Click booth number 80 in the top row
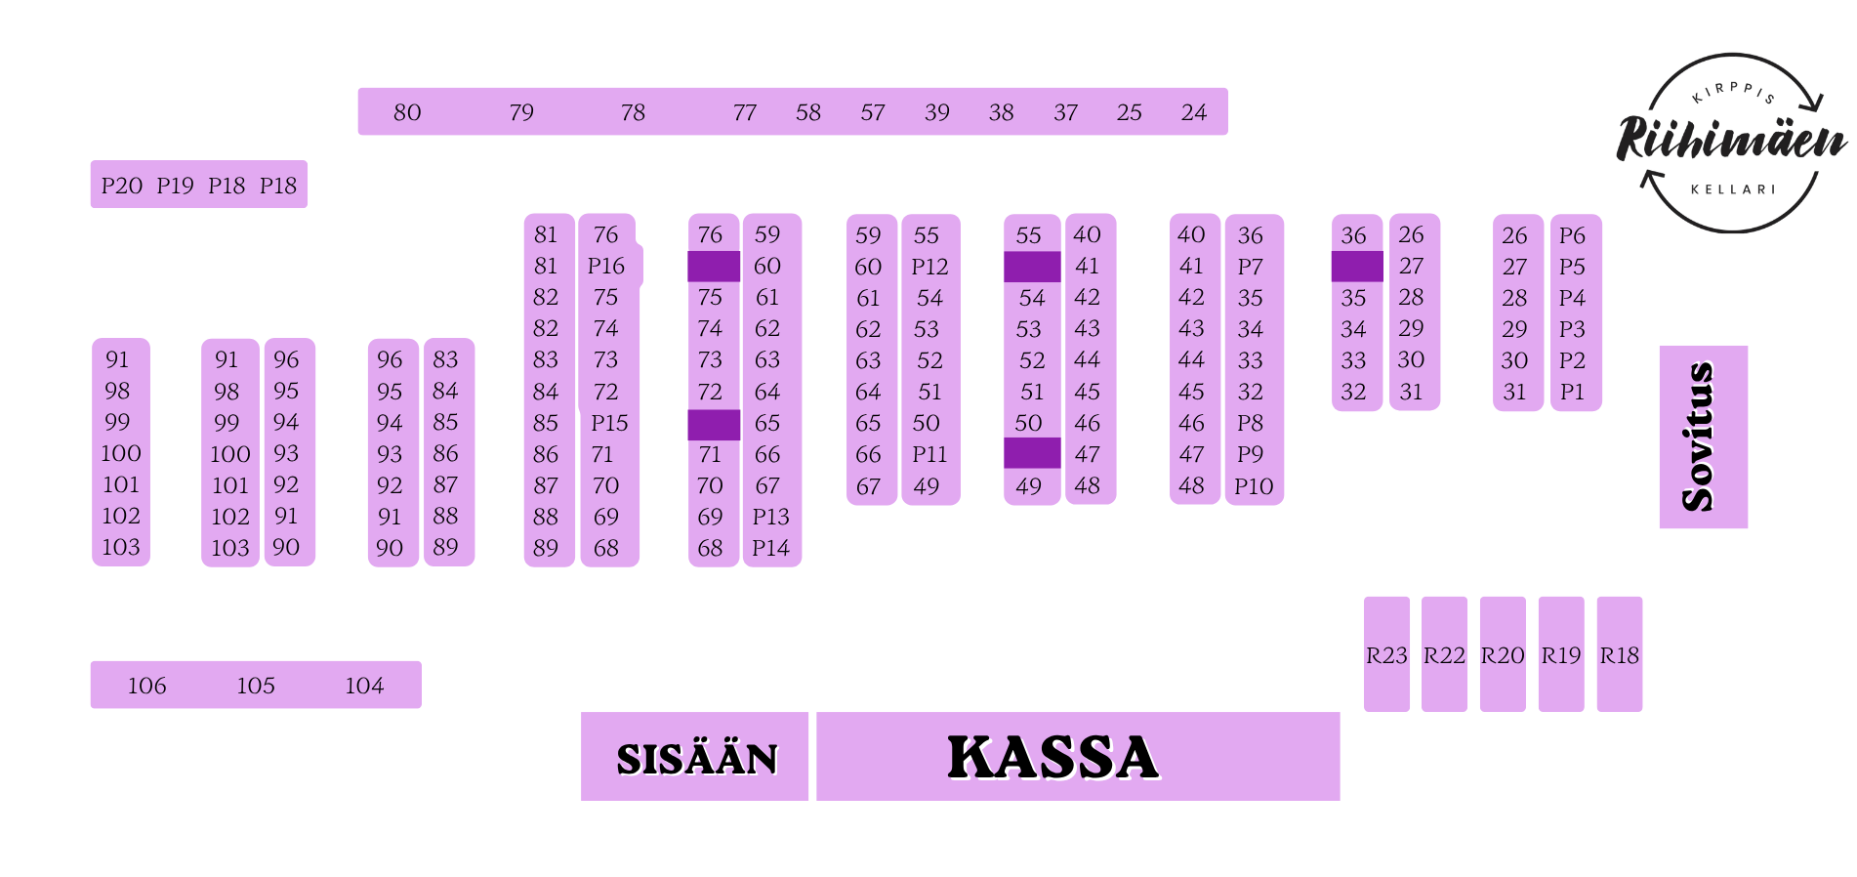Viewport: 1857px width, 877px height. (x=407, y=112)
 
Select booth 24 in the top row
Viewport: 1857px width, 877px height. (x=1193, y=112)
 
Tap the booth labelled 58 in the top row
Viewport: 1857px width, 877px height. (x=807, y=112)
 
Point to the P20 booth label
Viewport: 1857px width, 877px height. (x=122, y=186)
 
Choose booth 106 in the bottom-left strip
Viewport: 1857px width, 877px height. (x=146, y=686)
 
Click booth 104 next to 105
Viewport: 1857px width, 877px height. (x=364, y=686)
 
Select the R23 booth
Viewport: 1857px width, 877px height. (x=1386, y=654)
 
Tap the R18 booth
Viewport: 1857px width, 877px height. (x=1620, y=654)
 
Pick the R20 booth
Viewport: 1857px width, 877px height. (x=1503, y=654)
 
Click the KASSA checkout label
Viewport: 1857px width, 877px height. (x=1053, y=758)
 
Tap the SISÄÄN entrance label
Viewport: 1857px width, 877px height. (x=697, y=759)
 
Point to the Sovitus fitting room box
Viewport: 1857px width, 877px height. (x=1704, y=437)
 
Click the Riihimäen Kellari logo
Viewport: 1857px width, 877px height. (x=1732, y=143)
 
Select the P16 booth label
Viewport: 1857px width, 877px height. (x=606, y=266)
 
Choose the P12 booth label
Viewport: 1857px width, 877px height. (x=929, y=267)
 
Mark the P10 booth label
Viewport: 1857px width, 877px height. (x=1254, y=486)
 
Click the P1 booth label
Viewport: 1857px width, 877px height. (x=1572, y=392)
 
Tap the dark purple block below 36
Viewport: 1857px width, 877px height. (x=1357, y=267)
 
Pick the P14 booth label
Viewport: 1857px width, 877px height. (x=770, y=548)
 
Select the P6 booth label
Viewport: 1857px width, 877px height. (x=1572, y=235)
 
